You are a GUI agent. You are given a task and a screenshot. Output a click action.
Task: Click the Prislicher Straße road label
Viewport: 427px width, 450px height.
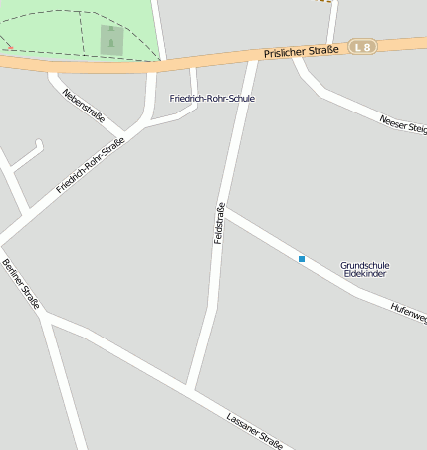pos(302,50)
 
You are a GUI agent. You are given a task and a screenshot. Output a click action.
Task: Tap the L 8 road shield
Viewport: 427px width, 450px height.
pos(364,46)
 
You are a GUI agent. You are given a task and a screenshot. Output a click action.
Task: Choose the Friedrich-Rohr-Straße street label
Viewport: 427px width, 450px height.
pos(91,165)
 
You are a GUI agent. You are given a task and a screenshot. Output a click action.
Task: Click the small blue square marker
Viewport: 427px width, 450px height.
pos(301,259)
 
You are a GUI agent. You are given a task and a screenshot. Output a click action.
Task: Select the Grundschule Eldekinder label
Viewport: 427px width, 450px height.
pos(364,269)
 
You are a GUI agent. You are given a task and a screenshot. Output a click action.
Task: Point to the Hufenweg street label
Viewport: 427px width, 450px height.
pos(409,313)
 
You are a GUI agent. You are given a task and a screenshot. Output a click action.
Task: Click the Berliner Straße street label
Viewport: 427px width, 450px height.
pos(20,284)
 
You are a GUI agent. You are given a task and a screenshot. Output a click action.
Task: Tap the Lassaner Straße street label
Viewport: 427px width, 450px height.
pos(255,431)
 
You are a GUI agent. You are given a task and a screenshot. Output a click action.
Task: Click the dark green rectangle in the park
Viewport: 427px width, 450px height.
pos(111,40)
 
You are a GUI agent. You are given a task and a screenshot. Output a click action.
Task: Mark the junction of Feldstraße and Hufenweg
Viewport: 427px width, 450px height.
pos(224,211)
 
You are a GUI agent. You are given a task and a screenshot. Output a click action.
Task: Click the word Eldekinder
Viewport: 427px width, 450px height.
pos(364,274)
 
